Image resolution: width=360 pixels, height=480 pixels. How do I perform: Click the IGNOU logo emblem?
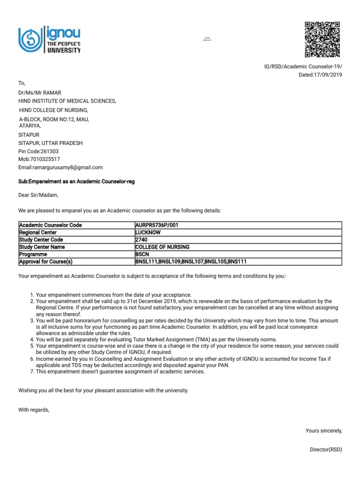pos(30,40)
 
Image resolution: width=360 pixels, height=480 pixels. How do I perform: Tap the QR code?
pos(322,39)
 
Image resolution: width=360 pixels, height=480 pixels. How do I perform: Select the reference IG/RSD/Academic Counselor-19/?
pos(303,67)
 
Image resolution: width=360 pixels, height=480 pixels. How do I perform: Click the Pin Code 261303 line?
pos(39,151)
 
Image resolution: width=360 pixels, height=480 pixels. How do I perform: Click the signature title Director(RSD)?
pos(326,450)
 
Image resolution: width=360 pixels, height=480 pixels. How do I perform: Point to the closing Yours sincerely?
pos(324,430)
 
